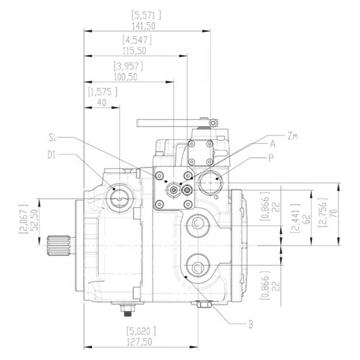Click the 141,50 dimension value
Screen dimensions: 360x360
146,25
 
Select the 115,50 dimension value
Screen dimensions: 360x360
137,52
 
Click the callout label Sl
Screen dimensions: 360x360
53,138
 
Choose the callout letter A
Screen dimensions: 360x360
272,144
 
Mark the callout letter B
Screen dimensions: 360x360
251,325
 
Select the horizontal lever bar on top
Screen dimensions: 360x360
171,123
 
